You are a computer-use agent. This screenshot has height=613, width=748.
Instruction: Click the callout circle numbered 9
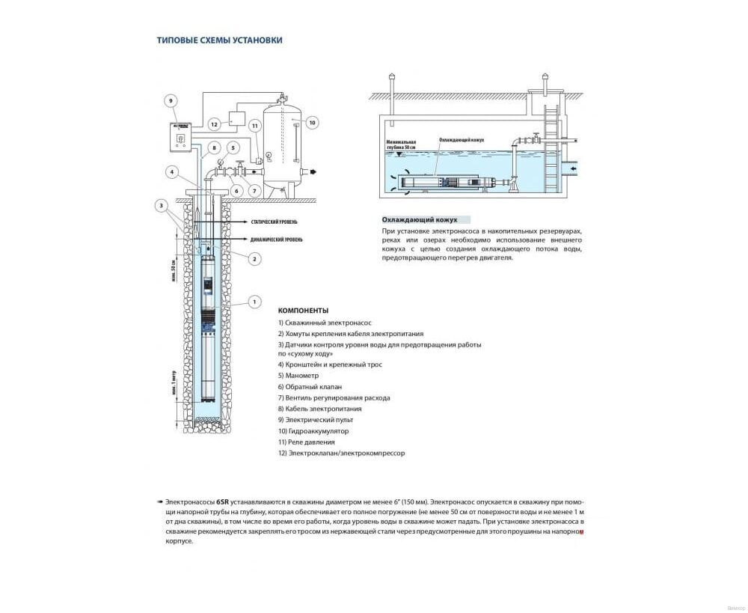(x=171, y=100)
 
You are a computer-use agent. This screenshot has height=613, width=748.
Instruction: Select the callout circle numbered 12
(x=214, y=124)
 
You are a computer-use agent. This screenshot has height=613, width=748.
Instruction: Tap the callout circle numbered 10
(x=313, y=122)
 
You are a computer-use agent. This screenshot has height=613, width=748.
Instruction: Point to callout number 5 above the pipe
(x=233, y=147)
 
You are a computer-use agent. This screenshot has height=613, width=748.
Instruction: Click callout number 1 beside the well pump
(x=254, y=302)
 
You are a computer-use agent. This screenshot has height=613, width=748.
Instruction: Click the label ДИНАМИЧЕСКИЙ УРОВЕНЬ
(x=278, y=238)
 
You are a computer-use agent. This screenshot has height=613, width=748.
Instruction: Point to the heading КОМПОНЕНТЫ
(x=303, y=310)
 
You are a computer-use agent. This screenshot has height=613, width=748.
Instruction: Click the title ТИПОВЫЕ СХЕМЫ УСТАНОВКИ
(x=219, y=40)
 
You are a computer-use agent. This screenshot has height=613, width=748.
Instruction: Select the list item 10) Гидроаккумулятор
(x=313, y=431)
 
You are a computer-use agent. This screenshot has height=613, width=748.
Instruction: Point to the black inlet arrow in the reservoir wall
(x=573, y=170)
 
